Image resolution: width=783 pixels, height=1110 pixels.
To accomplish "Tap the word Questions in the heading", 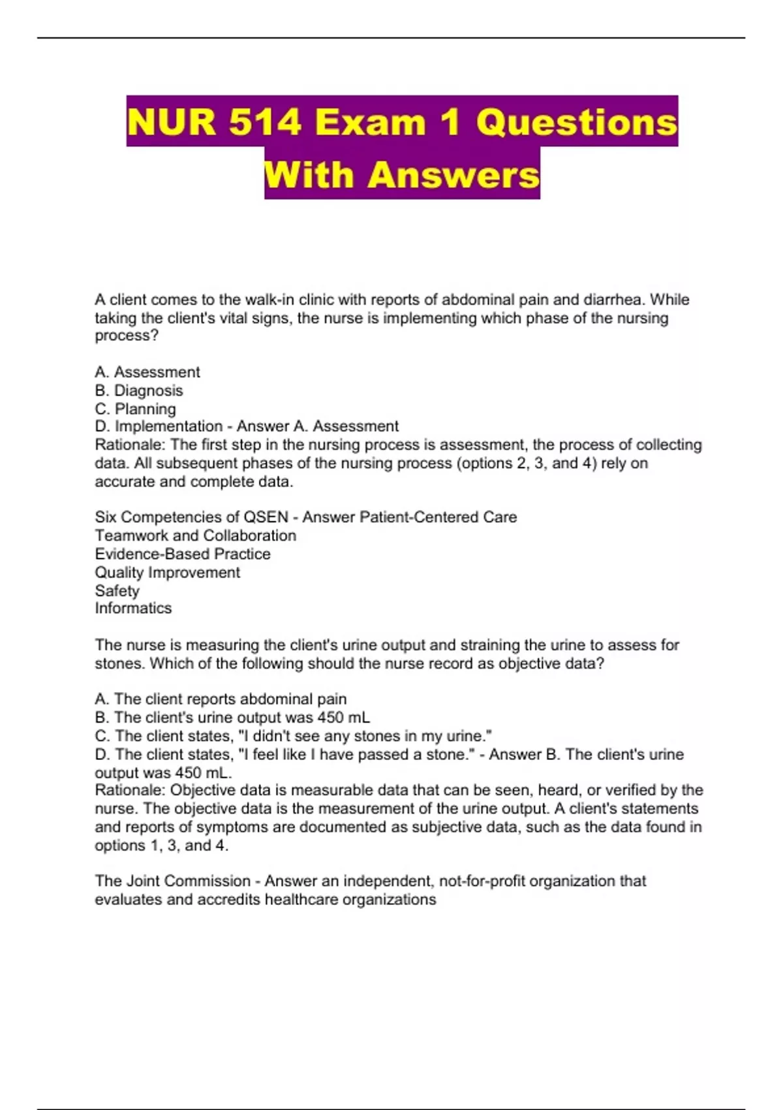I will (x=577, y=122).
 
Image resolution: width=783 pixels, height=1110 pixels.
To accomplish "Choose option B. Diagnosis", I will (x=139, y=390).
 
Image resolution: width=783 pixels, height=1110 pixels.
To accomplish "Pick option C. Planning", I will (x=136, y=409).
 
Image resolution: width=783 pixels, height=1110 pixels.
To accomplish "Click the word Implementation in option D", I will (x=169, y=426).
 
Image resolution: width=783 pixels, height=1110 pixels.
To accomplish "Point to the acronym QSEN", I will (x=266, y=517).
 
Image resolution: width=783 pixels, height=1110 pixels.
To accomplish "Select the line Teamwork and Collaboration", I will (x=195, y=535).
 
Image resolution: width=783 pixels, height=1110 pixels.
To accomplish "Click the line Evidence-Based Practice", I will (x=183, y=554).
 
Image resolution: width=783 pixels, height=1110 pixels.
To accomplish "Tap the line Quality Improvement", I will (x=167, y=572).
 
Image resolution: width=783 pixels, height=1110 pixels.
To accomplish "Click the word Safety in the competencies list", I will (x=117, y=590).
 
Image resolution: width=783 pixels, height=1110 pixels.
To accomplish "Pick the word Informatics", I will (x=133, y=608).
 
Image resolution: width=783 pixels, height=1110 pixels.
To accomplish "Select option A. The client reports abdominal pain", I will (x=221, y=699).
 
